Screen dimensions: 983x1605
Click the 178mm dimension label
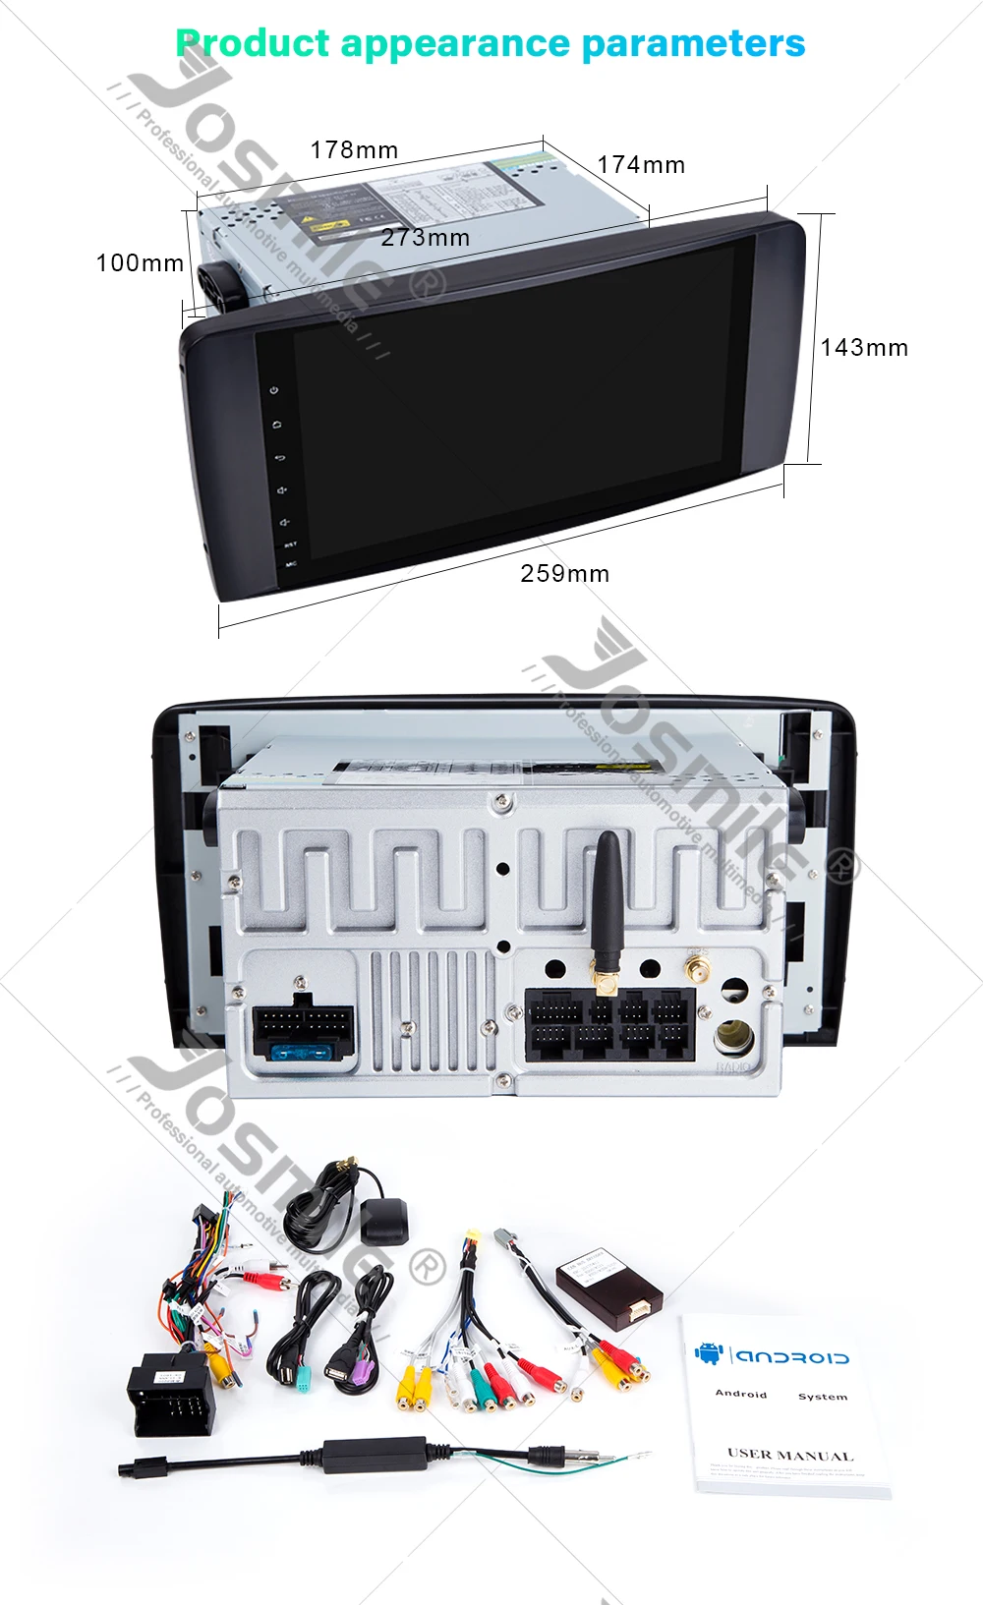[354, 150]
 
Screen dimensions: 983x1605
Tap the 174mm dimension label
[641, 165]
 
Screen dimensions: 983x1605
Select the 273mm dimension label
[425, 238]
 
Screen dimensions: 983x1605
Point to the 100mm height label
[140, 263]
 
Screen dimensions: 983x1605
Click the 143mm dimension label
[864, 348]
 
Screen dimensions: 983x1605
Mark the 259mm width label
[564, 574]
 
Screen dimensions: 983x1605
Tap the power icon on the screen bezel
[274, 390]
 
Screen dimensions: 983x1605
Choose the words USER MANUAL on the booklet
[789, 1455]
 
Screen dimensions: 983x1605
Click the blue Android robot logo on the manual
[708, 1353]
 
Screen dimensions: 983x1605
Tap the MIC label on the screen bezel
[291, 564]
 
